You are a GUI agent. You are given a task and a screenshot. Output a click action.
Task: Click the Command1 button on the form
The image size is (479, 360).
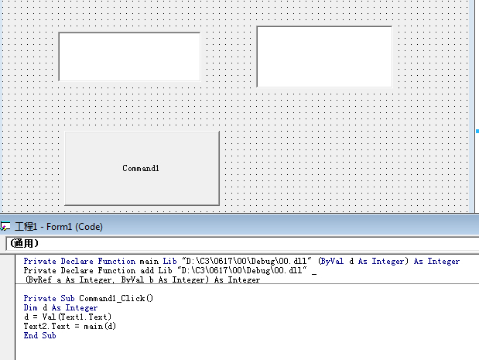click(x=142, y=168)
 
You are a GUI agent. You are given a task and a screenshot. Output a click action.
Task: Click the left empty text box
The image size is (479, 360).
click(x=129, y=57)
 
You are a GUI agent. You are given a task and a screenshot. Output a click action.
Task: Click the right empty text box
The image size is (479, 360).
click(x=323, y=57)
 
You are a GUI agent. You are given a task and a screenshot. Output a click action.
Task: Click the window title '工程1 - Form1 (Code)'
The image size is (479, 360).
click(x=59, y=227)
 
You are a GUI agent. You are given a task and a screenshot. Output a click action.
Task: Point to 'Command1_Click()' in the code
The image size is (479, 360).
click(x=116, y=298)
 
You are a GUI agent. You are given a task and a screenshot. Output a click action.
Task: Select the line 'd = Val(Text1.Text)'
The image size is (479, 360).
click(x=67, y=317)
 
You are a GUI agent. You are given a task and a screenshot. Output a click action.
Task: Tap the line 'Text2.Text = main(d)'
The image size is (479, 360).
click(x=70, y=327)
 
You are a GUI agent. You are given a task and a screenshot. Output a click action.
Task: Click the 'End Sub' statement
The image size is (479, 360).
click(x=39, y=336)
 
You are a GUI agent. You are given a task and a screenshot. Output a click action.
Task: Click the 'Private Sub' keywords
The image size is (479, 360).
click(x=50, y=298)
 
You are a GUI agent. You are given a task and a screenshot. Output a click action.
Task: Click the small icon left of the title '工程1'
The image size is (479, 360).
click(x=6, y=227)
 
